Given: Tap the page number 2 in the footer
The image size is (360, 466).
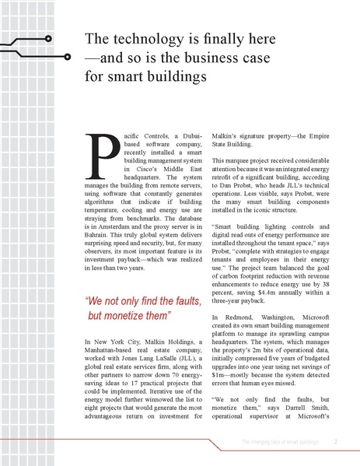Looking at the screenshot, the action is [x=336, y=443].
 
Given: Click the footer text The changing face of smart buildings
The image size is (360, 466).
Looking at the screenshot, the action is [x=281, y=443].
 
